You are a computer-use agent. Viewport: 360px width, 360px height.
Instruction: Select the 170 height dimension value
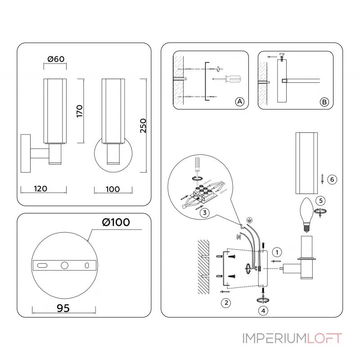click(x=79, y=111)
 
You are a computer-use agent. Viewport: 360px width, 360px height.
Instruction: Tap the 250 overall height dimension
click(x=143, y=126)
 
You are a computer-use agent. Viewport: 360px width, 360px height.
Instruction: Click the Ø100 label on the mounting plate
click(x=116, y=222)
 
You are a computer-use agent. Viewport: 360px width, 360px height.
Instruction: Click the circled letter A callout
click(x=240, y=102)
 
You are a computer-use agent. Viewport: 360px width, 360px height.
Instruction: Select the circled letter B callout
click(x=324, y=102)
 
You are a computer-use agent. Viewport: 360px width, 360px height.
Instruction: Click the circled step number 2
click(x=226, y=302)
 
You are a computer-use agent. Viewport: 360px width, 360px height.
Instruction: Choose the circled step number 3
click(x=204, y=213)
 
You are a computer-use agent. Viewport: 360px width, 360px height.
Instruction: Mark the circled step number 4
click(x=263, y=310)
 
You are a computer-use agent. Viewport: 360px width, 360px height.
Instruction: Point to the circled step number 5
click(x=319, y=200)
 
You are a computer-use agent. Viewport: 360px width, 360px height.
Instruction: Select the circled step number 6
click(x=331, y=179)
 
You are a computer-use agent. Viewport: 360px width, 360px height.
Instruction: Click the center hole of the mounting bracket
click(x=64, y=265)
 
